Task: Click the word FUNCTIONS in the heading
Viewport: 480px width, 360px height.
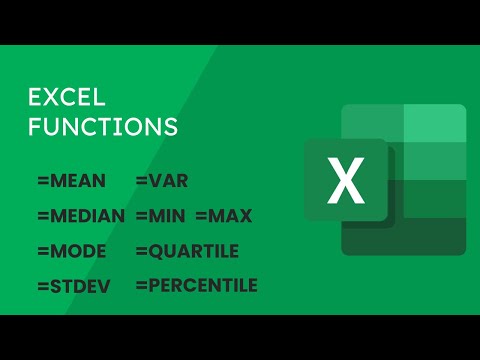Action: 102,127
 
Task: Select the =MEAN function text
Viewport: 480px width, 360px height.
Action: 73,181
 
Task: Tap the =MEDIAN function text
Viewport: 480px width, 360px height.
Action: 81,215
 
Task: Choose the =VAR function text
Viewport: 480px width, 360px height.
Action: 161,181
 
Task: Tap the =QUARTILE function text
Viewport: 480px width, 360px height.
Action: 187,250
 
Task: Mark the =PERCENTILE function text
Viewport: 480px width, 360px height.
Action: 196,286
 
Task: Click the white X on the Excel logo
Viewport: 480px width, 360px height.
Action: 346,181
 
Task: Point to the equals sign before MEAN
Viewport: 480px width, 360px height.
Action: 41,181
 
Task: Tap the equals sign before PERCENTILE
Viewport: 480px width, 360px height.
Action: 140,286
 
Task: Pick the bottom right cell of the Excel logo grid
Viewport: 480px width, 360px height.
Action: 435,235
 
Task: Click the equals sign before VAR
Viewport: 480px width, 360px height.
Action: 140,181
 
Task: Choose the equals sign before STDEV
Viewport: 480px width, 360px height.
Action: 41,287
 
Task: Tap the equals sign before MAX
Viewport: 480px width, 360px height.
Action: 201,215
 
